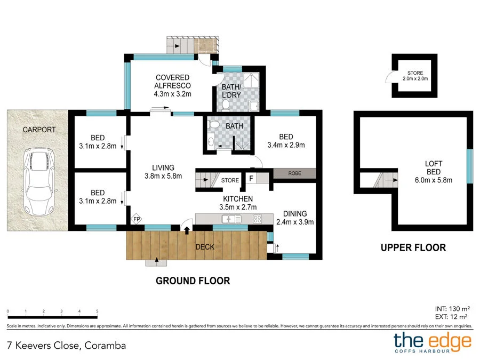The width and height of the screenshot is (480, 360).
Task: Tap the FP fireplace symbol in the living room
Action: coord(137,219)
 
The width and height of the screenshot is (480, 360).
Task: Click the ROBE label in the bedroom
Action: coord(294,173)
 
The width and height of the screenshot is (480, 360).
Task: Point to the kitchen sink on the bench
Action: coord(231,219)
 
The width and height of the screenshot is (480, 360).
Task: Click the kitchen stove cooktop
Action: coord(257,219)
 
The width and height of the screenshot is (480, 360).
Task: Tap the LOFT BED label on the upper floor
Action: coord(433,168)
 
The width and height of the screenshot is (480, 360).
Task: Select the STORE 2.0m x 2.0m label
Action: coord(415,76)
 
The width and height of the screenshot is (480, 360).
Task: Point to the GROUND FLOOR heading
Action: coord(193,281)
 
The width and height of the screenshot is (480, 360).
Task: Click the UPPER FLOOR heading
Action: coord(413,247)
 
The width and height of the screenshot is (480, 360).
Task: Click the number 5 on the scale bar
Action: coord(97,311)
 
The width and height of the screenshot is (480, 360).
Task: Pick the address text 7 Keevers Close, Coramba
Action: coord(66,345)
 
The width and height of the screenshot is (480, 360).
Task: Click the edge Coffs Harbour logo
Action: coord(433,343)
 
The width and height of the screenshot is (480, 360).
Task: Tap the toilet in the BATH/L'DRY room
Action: coord(226,104)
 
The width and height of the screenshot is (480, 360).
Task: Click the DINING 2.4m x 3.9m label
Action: coord(295,218)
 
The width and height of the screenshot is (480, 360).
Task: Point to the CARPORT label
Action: coord(39,130)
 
